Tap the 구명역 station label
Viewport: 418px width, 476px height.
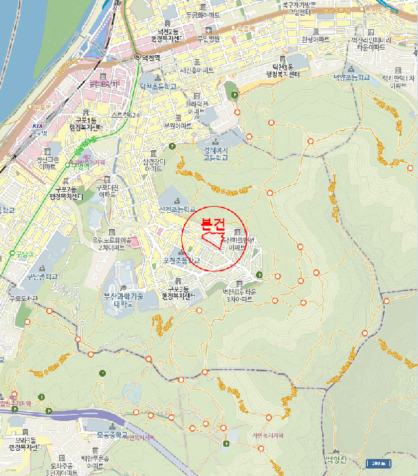(81, 165)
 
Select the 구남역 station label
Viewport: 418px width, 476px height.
(24, 254)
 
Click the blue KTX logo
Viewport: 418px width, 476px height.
(37, 126)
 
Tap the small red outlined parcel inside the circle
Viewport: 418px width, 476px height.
(213, 238)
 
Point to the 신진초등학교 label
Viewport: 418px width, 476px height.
(177, 209)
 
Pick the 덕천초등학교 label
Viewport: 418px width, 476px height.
(158, 86)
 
